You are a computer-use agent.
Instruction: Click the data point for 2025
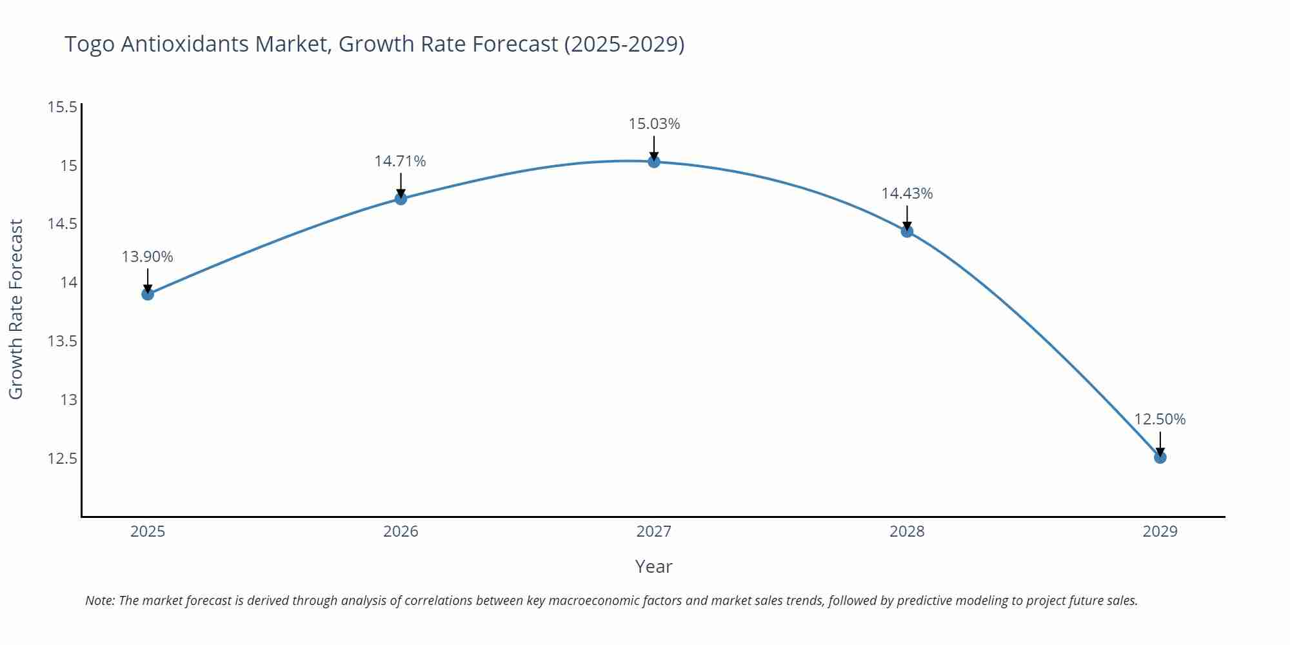pyautogui.click(x=148, y=294)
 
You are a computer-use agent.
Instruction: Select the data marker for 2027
pyautogui.click(x=654, y=162)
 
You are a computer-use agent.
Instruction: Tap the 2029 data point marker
pyautogui.click(x=1160, y=457)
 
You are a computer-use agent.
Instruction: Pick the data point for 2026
pyautogui.click(x=401, y=199)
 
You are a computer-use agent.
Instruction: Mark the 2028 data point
pyautogui.click(x=907, y=232)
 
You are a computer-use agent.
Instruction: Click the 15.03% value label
pyautogui.click(x=654, y=124)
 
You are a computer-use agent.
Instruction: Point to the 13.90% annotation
pyautogui.click(x=148, y=257)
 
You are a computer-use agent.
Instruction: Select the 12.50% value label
pyautogui.click(x=1160, y=419)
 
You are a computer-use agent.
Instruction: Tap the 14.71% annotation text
pyautogui.click(x=401, y=161)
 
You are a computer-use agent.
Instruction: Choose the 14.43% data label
pyautogui.click(x=907, y=193)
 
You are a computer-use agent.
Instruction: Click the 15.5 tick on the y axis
pyautogui.click(x=63, y=107)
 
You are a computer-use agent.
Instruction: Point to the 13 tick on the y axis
pyautogui.click(x=68, y=400)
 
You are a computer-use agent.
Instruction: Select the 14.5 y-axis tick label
pyautogui.click(x=63, y=224)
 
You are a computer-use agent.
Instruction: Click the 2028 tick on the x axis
pyautogui.click(x=907, y=531)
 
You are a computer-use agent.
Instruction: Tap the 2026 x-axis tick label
pyautogui.click(x=401, y=531)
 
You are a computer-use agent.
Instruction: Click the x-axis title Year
pyautogui.click(x=653, y=566)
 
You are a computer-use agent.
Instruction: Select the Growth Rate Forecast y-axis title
pyautogui.click(x=16, y=309)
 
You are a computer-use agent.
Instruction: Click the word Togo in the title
pyautogui.click(x=90, y=45)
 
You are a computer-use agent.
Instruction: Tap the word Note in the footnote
pyautogui.click(x=99, y=600)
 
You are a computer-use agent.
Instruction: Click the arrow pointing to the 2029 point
pyautogui.click(x=1160, y=444)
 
